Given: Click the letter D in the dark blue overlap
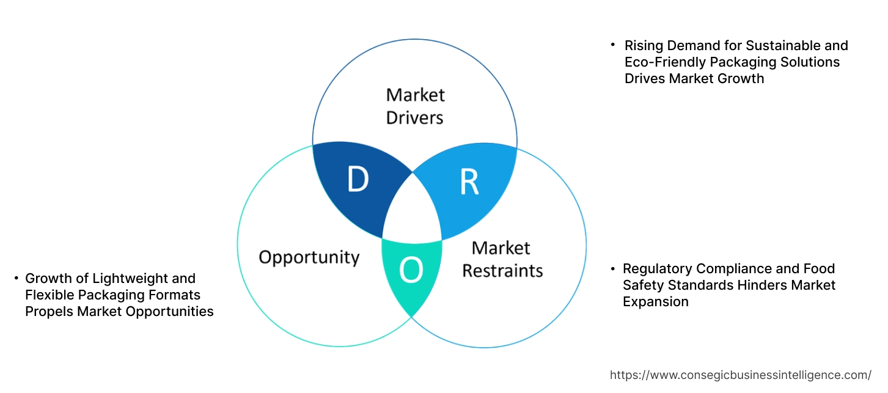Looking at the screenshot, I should point(358,179).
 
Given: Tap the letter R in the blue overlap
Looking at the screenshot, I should point(469,182).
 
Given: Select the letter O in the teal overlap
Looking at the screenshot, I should point(411,271).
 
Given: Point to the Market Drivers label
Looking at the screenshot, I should point(415,106).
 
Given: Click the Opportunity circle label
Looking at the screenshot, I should point(309,257).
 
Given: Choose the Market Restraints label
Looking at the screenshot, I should point(502,259).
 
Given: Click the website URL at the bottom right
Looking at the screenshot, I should point(741,375).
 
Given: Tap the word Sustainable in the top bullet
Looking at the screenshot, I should point(776,46).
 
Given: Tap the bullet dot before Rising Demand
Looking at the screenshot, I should point(612,45).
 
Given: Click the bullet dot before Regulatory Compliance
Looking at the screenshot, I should point(612,268).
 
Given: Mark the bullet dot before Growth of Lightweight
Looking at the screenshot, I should point(15,278).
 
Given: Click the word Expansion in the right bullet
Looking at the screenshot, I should point(655,302).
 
